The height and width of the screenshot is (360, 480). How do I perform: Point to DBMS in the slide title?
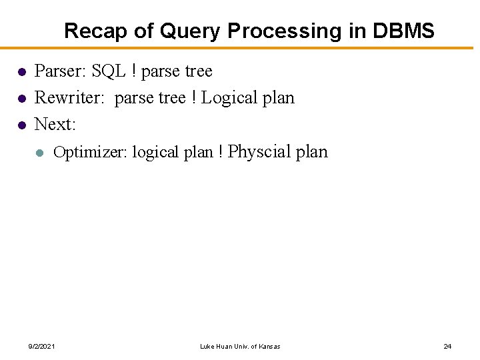point(403,31)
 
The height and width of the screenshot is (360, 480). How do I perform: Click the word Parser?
point(59,71)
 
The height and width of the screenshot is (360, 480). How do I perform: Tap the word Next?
point(55,125)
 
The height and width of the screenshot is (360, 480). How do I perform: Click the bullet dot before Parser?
point(21,71)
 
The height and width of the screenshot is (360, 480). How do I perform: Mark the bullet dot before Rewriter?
point(21,99)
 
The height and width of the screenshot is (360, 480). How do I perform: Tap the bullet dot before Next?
point(21,125)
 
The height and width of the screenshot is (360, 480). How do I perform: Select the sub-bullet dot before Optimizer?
point(40,153)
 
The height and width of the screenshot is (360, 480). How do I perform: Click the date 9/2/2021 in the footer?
point(41,346)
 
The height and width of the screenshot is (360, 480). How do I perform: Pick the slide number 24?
point(447,346)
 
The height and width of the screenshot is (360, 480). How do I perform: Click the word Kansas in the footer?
point(268,346)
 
